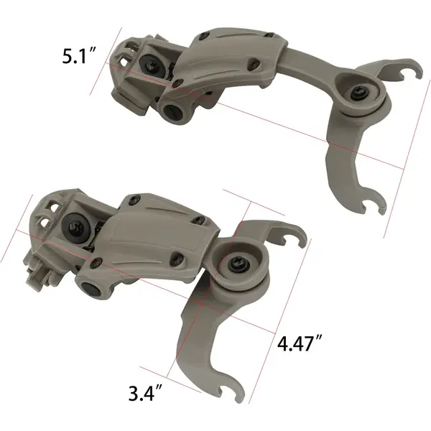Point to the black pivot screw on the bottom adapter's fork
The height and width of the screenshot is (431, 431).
235,264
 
